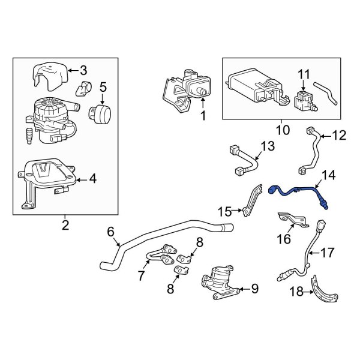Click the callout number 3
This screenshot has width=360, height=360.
click(x=83, y=70)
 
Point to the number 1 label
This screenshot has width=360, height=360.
click(x=203, y=116)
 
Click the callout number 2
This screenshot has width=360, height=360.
click(x=65, y=225)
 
